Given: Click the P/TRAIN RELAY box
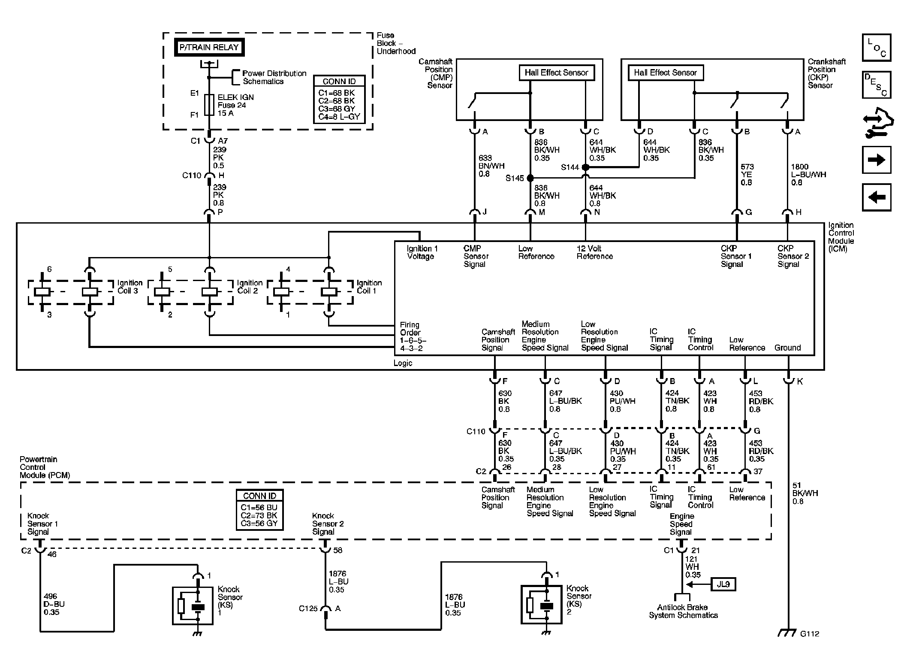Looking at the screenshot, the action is pos(209,48).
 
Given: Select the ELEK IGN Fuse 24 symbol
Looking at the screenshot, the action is pos(209,105).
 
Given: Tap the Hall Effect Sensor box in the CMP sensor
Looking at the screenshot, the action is pos(556,73).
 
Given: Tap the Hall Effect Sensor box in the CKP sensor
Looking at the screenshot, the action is pos(666,73).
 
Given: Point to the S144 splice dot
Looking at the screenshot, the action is pos(585,167).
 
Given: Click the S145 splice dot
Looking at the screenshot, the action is pos(530,178).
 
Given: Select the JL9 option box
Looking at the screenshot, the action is pos(723,584).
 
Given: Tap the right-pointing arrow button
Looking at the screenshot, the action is pos(877,160).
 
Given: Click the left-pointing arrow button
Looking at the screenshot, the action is pos(877,197).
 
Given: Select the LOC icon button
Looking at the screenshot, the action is pos(877,48).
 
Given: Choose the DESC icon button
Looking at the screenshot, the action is pos(877,85).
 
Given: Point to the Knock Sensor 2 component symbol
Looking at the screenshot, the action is pos(541,604).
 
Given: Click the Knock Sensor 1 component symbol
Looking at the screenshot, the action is pos(193,605).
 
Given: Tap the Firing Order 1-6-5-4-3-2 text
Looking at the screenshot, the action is pos(413,337).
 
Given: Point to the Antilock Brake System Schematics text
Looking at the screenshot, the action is pos(683,611).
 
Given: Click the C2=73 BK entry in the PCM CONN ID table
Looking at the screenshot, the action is pos(259,515).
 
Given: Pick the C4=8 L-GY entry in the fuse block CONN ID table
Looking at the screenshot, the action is pos(339,117).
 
